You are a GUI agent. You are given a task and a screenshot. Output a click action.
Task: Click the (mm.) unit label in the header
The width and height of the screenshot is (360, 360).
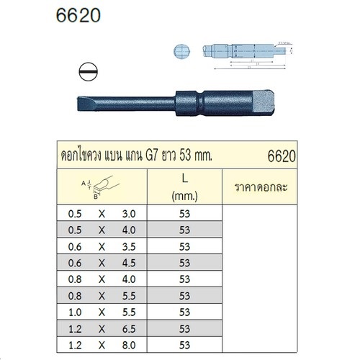pos(184,195)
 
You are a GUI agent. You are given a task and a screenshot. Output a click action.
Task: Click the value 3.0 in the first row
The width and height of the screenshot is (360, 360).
pos(129,213)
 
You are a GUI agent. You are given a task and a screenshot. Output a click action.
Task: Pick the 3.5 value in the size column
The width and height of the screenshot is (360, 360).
pos(129,246)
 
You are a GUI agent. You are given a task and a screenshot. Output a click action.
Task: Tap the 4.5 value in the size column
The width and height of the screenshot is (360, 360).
pos(129,262)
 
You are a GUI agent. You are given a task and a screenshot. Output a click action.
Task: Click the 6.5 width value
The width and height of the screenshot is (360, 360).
pos(129,328)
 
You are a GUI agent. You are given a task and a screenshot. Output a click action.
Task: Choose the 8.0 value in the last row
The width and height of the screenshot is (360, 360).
pos(129,345)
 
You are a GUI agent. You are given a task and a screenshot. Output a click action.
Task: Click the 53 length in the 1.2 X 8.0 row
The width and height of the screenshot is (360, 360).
pos(184,345)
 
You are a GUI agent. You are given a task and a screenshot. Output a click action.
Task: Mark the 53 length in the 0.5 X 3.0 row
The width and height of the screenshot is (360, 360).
pos(184,213)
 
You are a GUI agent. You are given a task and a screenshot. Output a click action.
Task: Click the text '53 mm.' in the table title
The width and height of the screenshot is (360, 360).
pos(207,155)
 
